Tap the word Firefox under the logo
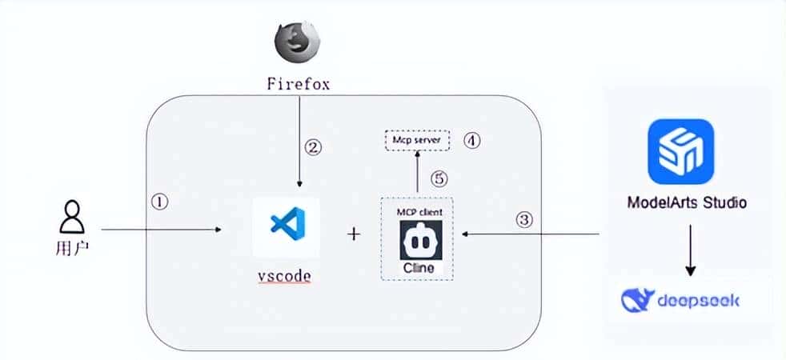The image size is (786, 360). (299, 82)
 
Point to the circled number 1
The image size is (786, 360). (160, 202)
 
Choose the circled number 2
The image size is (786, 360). (314, 147)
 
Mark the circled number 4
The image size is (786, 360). (472, 140)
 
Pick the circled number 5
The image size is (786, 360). (437, 178)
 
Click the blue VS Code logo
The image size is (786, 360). (285, 226)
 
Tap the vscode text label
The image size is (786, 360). (284, 278)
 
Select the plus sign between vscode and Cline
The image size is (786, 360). (354, 234)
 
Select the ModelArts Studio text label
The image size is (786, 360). (687, 202)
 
